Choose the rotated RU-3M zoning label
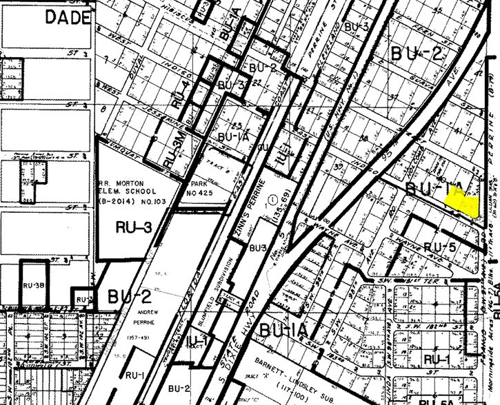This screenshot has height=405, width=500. pyautogui.click(x=170, y=152)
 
